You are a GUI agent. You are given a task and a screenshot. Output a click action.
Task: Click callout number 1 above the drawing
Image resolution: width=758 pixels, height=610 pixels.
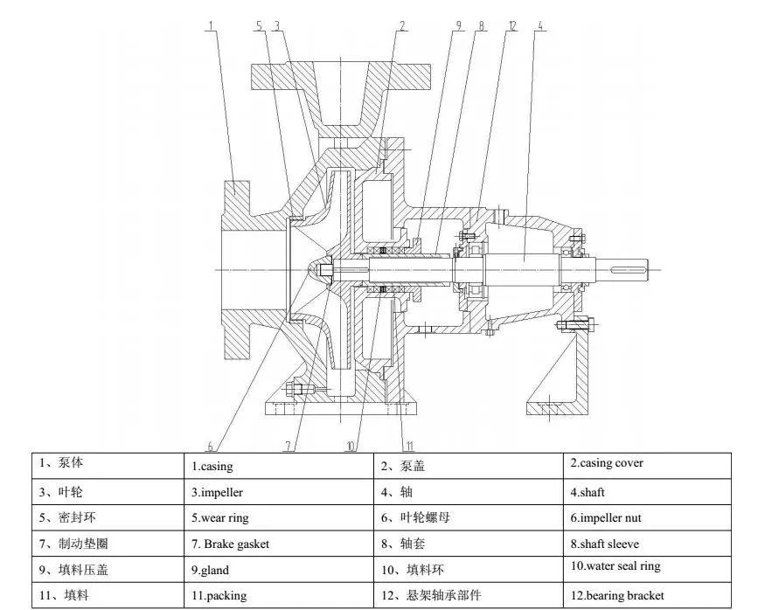point(211,24)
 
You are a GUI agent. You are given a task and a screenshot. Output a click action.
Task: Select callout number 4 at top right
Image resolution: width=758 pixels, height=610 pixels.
point(541,24)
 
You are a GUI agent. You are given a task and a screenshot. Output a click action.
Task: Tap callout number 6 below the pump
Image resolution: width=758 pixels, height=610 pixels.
point(211,445)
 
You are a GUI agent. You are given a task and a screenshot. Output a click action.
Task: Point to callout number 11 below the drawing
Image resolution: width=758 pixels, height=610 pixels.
point(409,445)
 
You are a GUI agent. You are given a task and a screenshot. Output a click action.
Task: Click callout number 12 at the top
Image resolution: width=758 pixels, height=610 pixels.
point(511,24)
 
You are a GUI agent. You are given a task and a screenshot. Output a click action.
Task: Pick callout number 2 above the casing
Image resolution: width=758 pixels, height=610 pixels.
point(401,24)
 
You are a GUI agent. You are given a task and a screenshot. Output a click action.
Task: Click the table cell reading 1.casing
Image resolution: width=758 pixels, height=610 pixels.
point(212,467)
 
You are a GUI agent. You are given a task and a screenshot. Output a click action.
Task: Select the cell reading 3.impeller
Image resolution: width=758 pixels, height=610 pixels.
point(217,493)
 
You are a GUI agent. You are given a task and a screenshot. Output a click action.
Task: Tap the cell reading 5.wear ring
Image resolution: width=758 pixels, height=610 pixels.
point(219,518)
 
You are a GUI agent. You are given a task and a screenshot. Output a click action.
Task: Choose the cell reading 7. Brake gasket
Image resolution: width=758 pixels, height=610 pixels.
point(230,544)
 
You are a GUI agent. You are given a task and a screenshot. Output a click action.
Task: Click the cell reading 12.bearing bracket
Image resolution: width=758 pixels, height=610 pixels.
point(616,596)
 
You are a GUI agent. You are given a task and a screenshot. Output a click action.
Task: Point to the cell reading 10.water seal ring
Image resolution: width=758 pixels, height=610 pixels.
point(615,566)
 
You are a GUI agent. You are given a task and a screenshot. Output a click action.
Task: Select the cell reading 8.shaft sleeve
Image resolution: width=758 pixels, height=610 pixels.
point(604,544)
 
